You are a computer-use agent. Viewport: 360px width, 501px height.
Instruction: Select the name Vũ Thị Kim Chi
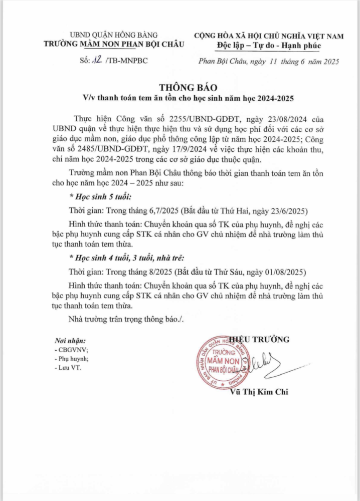[x=259, y=392]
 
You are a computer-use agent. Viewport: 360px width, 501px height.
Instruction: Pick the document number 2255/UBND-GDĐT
[x=188, y=118]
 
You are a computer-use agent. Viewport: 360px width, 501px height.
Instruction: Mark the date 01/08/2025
[x=280, y=272]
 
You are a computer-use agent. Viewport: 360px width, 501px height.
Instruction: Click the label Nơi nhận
[x=70, y=340]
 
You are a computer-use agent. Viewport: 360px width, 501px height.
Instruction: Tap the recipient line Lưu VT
[x=70, y=368]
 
